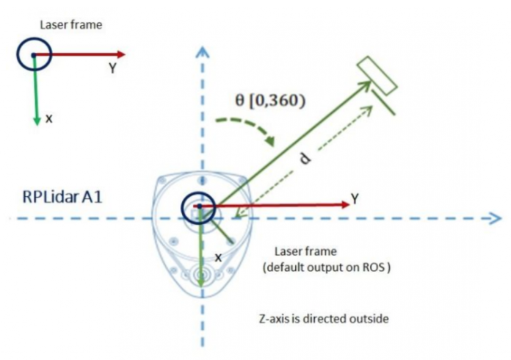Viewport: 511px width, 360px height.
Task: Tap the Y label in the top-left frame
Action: (112, 68)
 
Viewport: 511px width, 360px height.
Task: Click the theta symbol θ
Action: (239, 101)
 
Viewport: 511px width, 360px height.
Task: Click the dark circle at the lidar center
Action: (197, 206)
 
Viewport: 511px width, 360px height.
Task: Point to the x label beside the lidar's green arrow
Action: (217, 258)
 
